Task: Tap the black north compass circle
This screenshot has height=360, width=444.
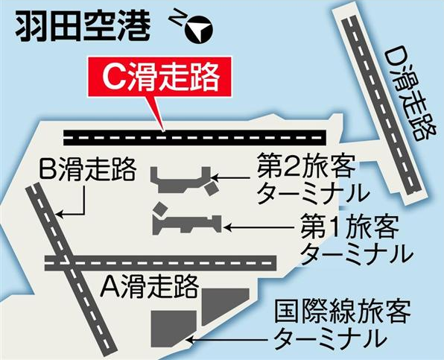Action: [x=199, y=30]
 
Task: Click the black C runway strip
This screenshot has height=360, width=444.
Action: [x=195, y=138]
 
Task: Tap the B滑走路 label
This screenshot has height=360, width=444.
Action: [x=87, y=169]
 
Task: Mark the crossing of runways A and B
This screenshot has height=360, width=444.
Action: [x=66, y=263]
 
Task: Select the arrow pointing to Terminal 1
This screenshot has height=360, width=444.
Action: [x=258, y=227]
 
